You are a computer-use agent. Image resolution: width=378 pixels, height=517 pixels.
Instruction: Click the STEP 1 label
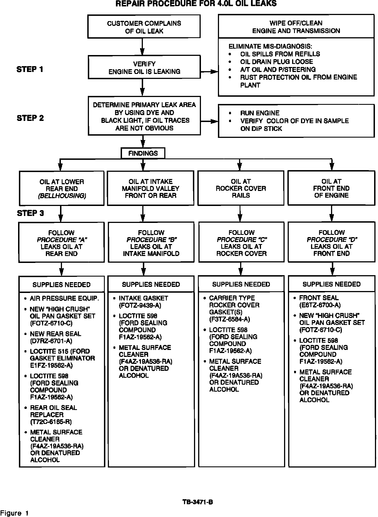click(x=30, y=69)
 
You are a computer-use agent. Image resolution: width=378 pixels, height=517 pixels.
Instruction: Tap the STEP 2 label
click(x=30, y=118)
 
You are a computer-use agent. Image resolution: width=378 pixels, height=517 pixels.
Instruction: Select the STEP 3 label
click(x=30, y=213)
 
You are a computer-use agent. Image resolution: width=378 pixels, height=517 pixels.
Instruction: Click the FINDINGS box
click(x=143, y=153)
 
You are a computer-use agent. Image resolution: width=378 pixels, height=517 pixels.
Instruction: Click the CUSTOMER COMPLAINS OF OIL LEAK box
click(x=144, y=27)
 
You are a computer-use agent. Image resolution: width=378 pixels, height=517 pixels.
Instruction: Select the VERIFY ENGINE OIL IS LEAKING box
click(x=144, y=68)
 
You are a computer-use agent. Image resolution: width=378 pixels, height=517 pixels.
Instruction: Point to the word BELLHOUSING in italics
click(x=62, y=196)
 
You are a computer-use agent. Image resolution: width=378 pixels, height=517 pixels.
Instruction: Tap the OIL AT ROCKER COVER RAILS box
click(x=241, y=188)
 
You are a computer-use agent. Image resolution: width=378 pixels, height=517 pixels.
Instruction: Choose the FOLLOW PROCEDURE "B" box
click(x=151, y=243)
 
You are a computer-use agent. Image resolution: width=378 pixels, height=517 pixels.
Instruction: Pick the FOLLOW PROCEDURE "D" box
click(x=331, y=243)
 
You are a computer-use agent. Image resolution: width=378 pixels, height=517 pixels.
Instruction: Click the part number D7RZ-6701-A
click(x=51, y=341)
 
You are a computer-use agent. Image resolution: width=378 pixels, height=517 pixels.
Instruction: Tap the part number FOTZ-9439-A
click(x=140, y=305)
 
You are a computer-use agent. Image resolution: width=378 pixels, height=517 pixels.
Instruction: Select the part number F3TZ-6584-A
click(x=230, y=319)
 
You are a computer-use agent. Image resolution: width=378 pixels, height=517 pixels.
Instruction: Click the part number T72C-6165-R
click(x=51, y=422)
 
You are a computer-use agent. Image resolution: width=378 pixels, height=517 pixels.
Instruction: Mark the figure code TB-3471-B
click(x=198, y=502)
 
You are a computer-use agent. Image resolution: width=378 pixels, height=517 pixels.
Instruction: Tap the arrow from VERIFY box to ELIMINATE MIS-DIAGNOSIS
click(x=209, y=72)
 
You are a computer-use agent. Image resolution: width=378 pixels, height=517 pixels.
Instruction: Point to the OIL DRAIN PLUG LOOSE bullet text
click(x=276, y=62)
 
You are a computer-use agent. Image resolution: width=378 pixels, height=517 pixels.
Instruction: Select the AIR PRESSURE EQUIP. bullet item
click(x=64, y=299)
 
